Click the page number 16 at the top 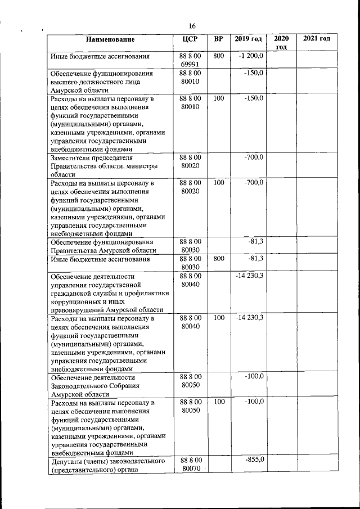point(192,26)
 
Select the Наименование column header point(110,39)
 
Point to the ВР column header point(219,39)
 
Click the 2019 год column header point(248,39)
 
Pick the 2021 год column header point(316,39)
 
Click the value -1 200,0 point(250,56)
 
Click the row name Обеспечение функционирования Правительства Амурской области point(102,246)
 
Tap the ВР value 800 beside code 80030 point(219,259)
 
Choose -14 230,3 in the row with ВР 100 point(250,318)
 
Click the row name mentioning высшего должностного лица point(101,82)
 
